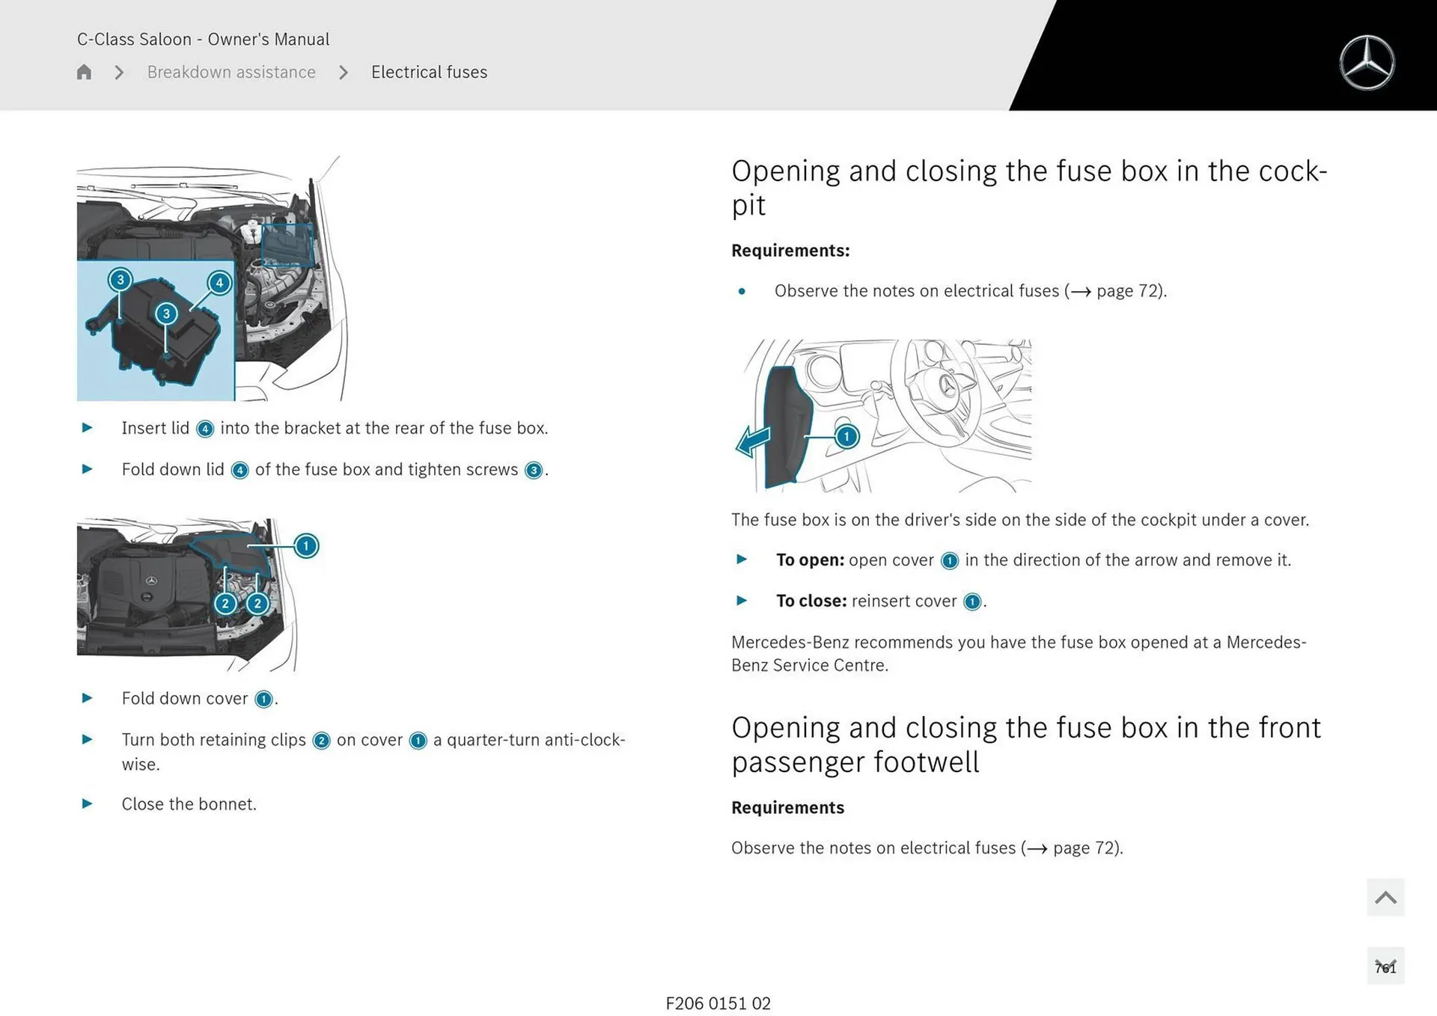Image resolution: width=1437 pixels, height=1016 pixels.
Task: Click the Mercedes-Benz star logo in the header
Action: pyautogui.click(x=1367, y=63)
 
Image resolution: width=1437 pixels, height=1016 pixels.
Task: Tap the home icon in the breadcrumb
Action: pyautogui.click(x=84, y=72)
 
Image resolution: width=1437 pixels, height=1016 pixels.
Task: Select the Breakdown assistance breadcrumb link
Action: pyautogui.click(x=231, y=72)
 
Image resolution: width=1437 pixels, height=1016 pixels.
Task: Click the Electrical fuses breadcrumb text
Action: pyautogui.click(x=429, y=72)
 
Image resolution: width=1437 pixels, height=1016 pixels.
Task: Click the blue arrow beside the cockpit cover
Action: pyautogui.click(x=753, y=441)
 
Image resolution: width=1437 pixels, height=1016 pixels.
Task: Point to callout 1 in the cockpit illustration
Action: pyautogui.click(x=846, y=436)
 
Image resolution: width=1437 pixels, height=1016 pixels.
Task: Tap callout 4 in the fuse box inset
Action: pyautogui.click(x=219, y=283)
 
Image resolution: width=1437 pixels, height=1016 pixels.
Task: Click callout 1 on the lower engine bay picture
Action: pyautogui.click(x=305, y=545)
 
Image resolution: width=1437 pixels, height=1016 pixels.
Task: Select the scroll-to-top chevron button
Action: pyautogui.click(x=1385, y=897)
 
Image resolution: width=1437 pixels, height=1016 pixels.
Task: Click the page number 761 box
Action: pyautogui.click(x=1385, y=967)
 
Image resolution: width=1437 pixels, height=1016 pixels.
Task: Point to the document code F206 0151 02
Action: pyautogui.click(x=718, y=1003)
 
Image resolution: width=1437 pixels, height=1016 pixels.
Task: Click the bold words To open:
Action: pyautogui.click(x=810, y=560)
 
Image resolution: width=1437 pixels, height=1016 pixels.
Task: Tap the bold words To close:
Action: pyautogui.click(x=811, y=601)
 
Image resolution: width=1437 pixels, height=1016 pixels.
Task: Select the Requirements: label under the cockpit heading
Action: pyautogui.click(x=790, y=251)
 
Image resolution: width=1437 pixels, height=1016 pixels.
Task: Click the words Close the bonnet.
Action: pyautogui.click(x=189, y=804)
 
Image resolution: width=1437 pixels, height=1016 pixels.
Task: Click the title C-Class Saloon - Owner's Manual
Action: pyautogui.click(x=203, y=39)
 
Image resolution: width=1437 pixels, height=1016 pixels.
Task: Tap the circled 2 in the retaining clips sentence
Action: pyautogui.click(x=321, y=741)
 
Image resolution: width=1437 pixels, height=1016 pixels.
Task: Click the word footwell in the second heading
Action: pyautogui.click(x=926, y=762)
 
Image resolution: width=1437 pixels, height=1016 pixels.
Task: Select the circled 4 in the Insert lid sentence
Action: pyautogui.click(x=204, y=429)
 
